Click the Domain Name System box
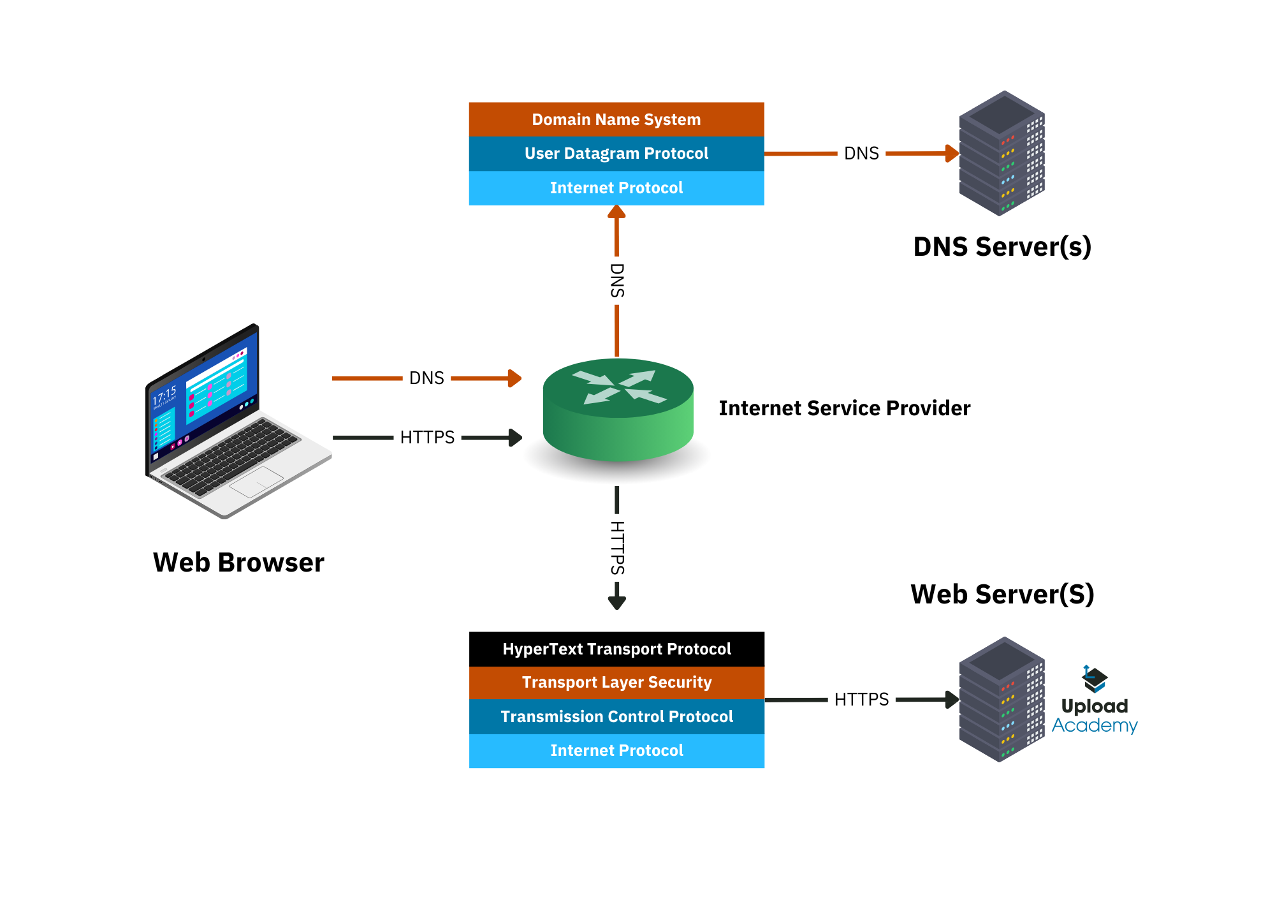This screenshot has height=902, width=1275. coord(616,119)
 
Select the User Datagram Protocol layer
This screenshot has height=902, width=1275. coord(616,154)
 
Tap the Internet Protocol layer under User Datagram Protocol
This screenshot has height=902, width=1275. coord(616,188)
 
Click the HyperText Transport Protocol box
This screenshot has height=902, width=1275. coord(616,649)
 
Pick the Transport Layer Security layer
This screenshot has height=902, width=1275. coord(616,683)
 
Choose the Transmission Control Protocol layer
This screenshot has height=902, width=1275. coord(616,716)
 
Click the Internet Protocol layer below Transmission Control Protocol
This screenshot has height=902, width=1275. coord(616,751)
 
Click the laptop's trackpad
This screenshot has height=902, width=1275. coord(256,482)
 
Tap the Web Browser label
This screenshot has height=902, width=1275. coord(238,563)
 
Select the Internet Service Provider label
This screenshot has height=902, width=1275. coord(844,408)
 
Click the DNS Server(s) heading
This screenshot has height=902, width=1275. coord(1002,247)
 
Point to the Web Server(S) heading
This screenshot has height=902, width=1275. coord(1002,595)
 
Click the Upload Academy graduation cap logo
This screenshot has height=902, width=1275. coord(1095,679)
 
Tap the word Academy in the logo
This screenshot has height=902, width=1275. coord(1095,726)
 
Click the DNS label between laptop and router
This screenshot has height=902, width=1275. coord(426,378)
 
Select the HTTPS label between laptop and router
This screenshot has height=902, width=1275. coord(427,438)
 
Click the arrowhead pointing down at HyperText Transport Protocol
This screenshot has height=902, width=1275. coord(616,602)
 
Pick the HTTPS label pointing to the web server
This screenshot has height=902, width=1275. coord(861,700)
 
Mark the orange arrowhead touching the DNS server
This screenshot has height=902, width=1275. coord(952,153)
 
